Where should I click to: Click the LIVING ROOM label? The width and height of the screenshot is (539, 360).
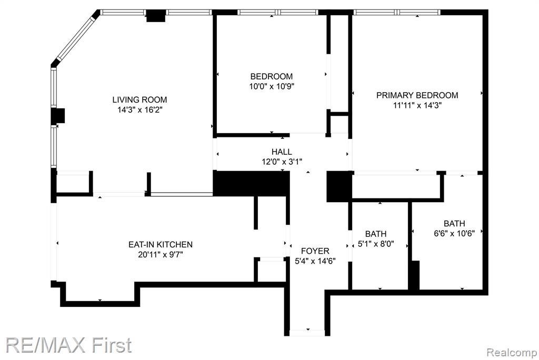point(139,99)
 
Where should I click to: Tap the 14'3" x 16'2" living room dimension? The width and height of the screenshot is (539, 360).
point(139,110)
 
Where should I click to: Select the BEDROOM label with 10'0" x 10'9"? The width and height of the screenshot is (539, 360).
point(272,76)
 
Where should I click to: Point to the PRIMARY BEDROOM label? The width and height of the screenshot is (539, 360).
point(417,95)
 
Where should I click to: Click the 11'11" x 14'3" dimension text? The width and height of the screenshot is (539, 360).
point(417,105)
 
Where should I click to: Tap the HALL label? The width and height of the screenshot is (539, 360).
point(282,152)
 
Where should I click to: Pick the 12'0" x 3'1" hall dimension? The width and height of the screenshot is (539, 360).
point(282,162)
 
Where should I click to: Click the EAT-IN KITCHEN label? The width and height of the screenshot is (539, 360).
point(161,244)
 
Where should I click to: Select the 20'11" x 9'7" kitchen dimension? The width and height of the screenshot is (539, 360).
point(161,255)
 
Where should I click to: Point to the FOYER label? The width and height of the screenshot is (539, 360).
point(315,251)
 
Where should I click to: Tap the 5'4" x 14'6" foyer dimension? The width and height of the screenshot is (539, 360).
point(315,262)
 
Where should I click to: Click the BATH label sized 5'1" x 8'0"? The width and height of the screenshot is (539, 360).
point(376,234)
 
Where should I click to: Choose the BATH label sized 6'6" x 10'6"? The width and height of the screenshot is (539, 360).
point(454,224)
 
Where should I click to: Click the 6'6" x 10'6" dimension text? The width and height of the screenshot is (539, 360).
point(454,234)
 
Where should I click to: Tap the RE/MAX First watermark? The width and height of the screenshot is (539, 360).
point(69,345)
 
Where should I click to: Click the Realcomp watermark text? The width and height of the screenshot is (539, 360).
point(512,353)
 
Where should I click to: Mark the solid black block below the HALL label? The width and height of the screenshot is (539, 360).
point(251,183)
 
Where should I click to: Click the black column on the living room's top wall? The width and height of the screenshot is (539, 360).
point(156,16)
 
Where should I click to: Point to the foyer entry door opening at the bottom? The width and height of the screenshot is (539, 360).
point(307,333)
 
